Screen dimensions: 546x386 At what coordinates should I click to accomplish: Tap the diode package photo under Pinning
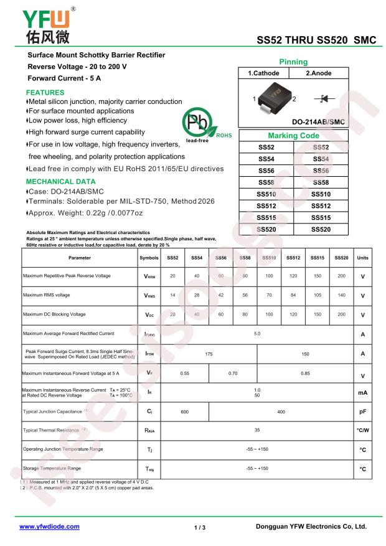point(276,98)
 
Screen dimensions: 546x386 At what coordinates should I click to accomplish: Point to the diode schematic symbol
point(324,98)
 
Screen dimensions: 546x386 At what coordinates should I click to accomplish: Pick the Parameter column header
point(79,257)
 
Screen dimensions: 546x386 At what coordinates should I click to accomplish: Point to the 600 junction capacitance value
point(185,412)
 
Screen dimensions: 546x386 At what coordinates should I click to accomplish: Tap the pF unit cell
point(363,412)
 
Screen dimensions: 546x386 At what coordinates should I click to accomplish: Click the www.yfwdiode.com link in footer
point(50,526)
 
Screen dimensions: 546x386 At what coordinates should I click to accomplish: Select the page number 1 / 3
point(199,527)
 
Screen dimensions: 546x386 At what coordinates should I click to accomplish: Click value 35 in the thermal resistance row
point(257,430)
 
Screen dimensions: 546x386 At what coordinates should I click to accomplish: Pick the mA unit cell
point(363,393)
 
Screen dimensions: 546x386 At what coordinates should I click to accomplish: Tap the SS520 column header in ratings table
point(341,257)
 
